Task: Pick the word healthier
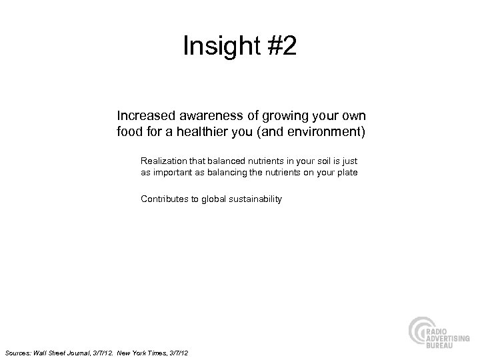(x=220, y=131)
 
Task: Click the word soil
(x=324, y=161)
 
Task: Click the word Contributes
(x=164, y=199)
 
